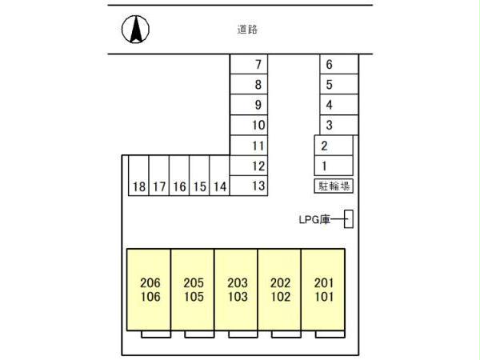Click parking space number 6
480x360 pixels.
[337, 64]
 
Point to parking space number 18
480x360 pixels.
[139, 186]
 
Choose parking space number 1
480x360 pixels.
[332, 166]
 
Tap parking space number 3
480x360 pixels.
[337, 125]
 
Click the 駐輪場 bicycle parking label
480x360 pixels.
[333, 186]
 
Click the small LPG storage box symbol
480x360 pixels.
[349, 218]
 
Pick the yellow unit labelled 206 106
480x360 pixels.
[150, 289]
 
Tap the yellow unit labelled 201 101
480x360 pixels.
[323, 289]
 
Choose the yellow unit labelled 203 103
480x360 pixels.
[236, 289]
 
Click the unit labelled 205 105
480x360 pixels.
[193, 289]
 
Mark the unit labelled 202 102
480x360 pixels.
[280, 289]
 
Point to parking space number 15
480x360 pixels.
[200, 186]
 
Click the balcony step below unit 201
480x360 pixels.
[323, 334]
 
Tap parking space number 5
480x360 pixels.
[337, 84]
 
